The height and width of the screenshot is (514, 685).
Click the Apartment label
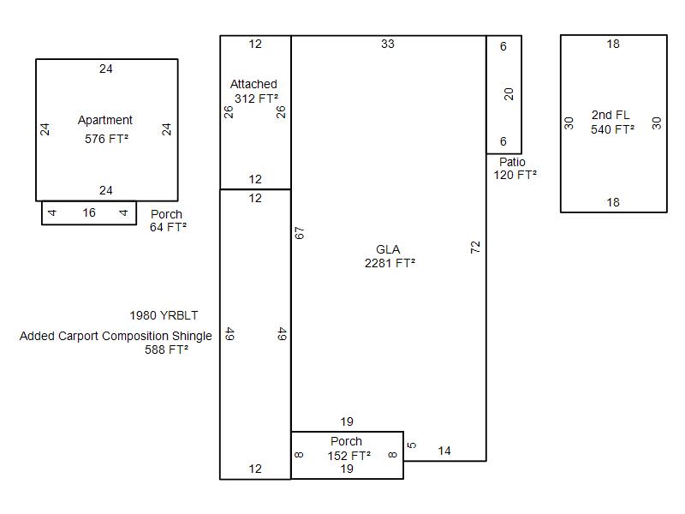[x=104, y=120]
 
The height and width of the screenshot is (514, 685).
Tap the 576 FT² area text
[x=106, y=139]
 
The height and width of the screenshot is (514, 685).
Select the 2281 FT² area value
[x=390, y=263]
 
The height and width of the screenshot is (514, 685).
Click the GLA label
[x=388, y=249]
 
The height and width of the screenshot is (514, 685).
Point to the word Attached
[x=253, y=84]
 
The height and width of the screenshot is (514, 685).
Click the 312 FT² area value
[x=256, y=99]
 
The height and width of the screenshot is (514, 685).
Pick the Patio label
[x=512, y=162]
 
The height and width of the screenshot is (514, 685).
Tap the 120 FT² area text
[x=515, y=176]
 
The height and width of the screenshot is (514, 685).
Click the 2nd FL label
[x=611, y=115]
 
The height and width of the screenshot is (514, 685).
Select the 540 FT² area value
[x=612, y=130]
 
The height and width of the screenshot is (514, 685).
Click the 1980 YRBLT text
[x=164, y=315]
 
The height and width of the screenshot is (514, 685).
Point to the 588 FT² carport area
[x=166, y=350]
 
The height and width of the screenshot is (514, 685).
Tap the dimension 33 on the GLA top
[x=388, y=44]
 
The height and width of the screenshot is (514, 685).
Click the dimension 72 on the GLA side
[x=475, y=248]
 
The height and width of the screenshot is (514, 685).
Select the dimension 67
[x=299, y=233]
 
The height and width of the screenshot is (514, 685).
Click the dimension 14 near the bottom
[x=444, y=451]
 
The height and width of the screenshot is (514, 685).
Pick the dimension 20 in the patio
[x=509, y=94]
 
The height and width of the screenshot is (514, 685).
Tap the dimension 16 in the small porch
[x=89, y=212]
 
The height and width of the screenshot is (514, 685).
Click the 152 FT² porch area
[x=349, y=456]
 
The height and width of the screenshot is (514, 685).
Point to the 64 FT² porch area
[x=168, y=227]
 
